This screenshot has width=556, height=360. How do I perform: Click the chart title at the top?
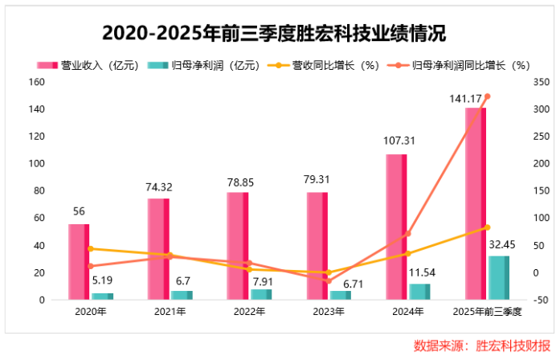pos(278,33)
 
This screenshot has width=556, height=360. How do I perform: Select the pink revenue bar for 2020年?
pos(79,261)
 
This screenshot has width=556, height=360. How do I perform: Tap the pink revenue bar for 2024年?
pos(396,226)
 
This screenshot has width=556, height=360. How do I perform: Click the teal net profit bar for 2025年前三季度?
pos(499,277)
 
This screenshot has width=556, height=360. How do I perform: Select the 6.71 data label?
pos(341,282)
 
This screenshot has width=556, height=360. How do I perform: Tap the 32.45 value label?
pos(502,244)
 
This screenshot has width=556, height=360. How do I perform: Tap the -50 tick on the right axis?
pos(539,300)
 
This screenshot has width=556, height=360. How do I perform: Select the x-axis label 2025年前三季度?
pos(487,310)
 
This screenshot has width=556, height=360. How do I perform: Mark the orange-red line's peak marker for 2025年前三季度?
pos(487,96)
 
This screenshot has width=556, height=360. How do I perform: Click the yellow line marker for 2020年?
pos(90,248)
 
